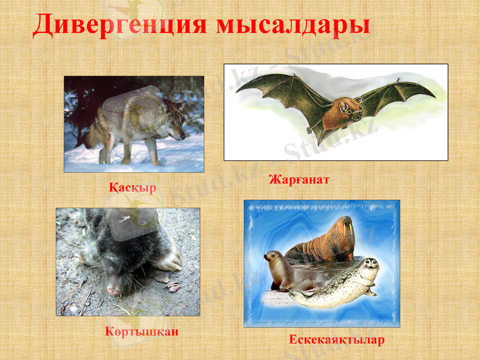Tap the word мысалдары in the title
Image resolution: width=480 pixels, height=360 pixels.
(292, 25)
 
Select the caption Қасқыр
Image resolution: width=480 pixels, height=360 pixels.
(133, 188)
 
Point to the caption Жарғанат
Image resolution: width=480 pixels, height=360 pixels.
(299, 179)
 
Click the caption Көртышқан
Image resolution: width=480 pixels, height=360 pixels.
(142, 331)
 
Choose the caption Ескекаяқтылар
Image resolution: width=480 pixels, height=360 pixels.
(337, 340)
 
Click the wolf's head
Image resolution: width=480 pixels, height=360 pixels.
(176, 125)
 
